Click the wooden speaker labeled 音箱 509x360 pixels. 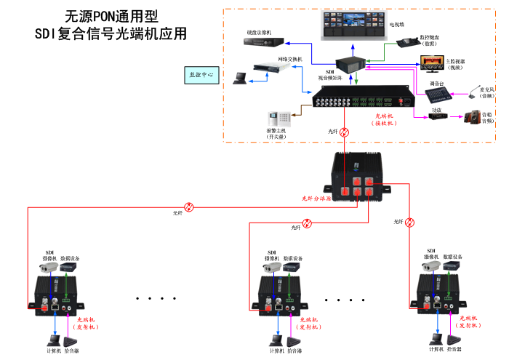pyautogui.click(x=473, y=116)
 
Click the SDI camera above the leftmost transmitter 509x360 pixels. pyautogui.click(x=49, y=268)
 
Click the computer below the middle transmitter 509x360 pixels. pyautogui.click(x=276, y=340)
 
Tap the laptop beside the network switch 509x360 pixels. pyautogui.click(x=240, y=78)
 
